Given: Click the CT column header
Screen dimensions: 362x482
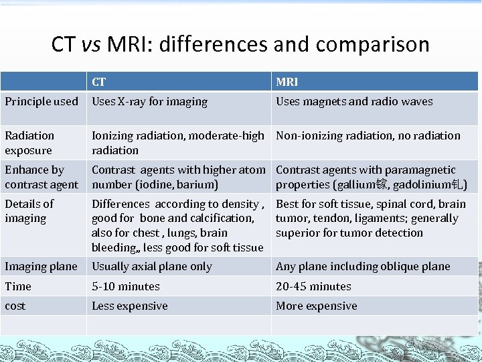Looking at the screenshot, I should (x=98, y=82).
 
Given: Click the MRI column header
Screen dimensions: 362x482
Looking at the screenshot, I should (x=287, y=82).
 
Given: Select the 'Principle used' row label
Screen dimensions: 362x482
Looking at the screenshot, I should (x=42, y=102).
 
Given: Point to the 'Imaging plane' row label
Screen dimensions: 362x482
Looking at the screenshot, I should (x=41, y=266).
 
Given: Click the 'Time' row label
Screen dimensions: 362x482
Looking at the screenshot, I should (x=18, y=286).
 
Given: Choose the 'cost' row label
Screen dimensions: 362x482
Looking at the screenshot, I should (x=15, y=306).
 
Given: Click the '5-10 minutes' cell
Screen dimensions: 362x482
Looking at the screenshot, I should (x=126, y=286).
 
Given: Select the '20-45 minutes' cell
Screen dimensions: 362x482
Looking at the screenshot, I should (x=313, y=286).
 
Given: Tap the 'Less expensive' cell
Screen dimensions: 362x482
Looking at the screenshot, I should (x=130, y=306).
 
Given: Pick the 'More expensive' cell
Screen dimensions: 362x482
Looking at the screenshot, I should (x=317, y=306).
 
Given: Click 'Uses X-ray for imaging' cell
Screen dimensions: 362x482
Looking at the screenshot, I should (x=149, y=102).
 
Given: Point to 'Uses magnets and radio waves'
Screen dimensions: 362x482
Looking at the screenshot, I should (x=354, y=102).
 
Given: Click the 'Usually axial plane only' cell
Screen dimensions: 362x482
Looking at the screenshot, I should (x=152, y=266).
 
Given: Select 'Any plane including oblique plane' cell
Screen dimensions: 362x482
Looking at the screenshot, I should (x=363, y=266).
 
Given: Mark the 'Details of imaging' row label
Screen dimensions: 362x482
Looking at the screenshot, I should (x=29, y=210).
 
